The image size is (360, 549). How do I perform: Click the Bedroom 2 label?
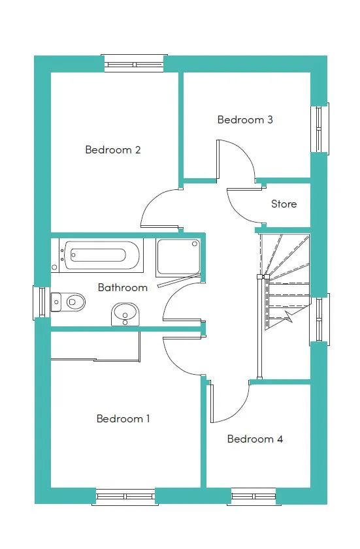pyautogui.click(x=113, y=150)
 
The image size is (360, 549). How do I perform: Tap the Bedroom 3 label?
pyautogui.click(x=245, y=119)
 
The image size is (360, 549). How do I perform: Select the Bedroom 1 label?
pyautogui.click(x=123, y=418)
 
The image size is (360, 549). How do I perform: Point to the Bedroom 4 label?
pyautogui.click(x=255, y=439)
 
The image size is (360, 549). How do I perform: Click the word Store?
pyautogui.click(x=284, y=204)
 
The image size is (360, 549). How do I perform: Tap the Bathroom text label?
pyautogui.click(x=123, y=287)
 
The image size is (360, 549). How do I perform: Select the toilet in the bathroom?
pyautogui.click(x=68, y=302)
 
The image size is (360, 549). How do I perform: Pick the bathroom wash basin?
pyautogui.click(x=126, y=315)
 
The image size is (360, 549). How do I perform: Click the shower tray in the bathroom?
pyautogui.click(x=178, y=257)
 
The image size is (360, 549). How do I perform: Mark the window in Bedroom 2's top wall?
pyautogui.click(x=134, y=64)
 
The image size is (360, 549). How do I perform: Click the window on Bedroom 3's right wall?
pyautogui.click(x=319, y=129)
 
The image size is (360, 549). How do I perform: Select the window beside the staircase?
pyautogui.click(x=319, y=319)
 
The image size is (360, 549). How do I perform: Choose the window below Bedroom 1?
pyautogui.click(x=125, y=497)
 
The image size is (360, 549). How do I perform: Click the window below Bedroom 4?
pyautogui.click(x=254, y=497)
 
